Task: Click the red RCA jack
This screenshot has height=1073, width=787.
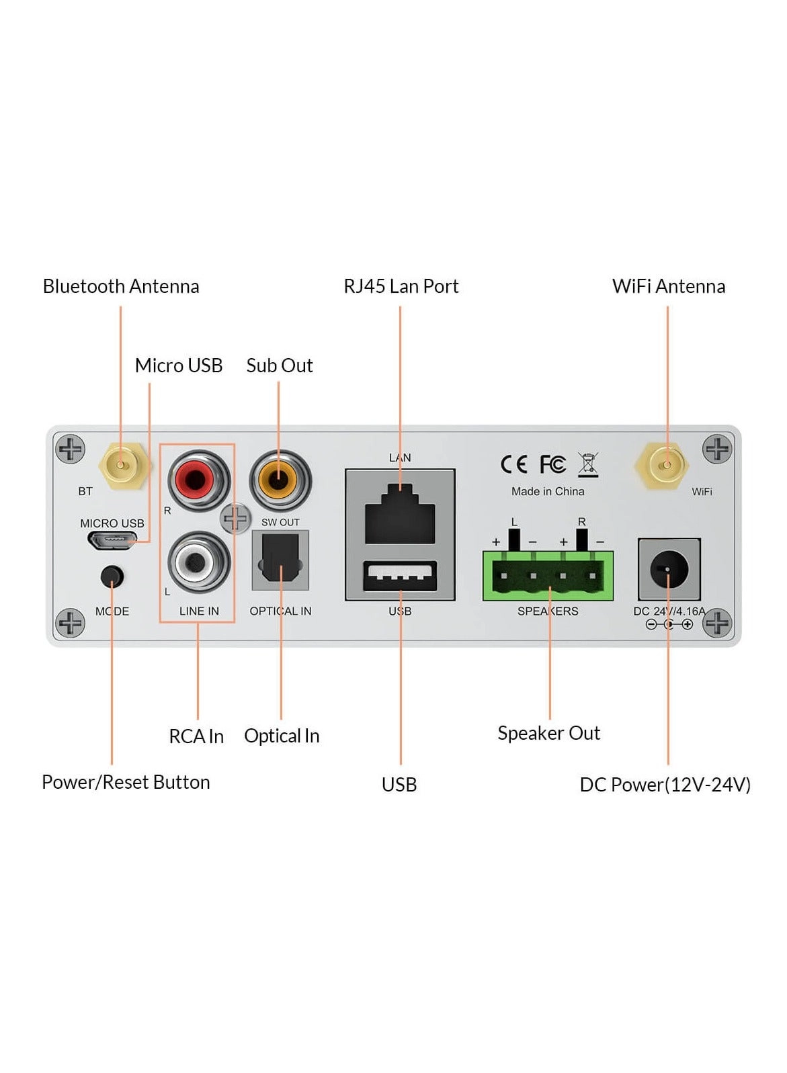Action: click(198, 480)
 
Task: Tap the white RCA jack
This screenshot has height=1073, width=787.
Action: click(198, 562)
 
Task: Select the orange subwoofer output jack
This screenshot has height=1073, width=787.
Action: click(280, 480)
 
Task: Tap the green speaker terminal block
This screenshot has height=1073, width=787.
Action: click(548, 576)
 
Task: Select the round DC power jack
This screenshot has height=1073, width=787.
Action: click(669, 570)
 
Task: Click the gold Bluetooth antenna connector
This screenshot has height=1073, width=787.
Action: click(121, 465)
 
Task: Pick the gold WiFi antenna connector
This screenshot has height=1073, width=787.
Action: click(667, 465)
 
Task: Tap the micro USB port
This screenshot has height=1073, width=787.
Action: click(112, 539)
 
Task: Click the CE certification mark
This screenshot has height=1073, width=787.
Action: click(514, 464)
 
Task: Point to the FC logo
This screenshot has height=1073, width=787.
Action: click(552, 464)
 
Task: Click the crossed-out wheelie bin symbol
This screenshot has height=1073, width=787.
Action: click(588, 464)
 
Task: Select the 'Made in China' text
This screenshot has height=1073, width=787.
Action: click(548, 491)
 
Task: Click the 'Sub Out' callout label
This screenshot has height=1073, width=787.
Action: click(280, 366)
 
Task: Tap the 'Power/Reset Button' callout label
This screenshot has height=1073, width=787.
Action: click(126, 782)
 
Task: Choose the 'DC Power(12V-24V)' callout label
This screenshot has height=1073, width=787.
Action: click(665, 784)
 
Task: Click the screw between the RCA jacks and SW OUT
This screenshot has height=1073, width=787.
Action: click(236, 519)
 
